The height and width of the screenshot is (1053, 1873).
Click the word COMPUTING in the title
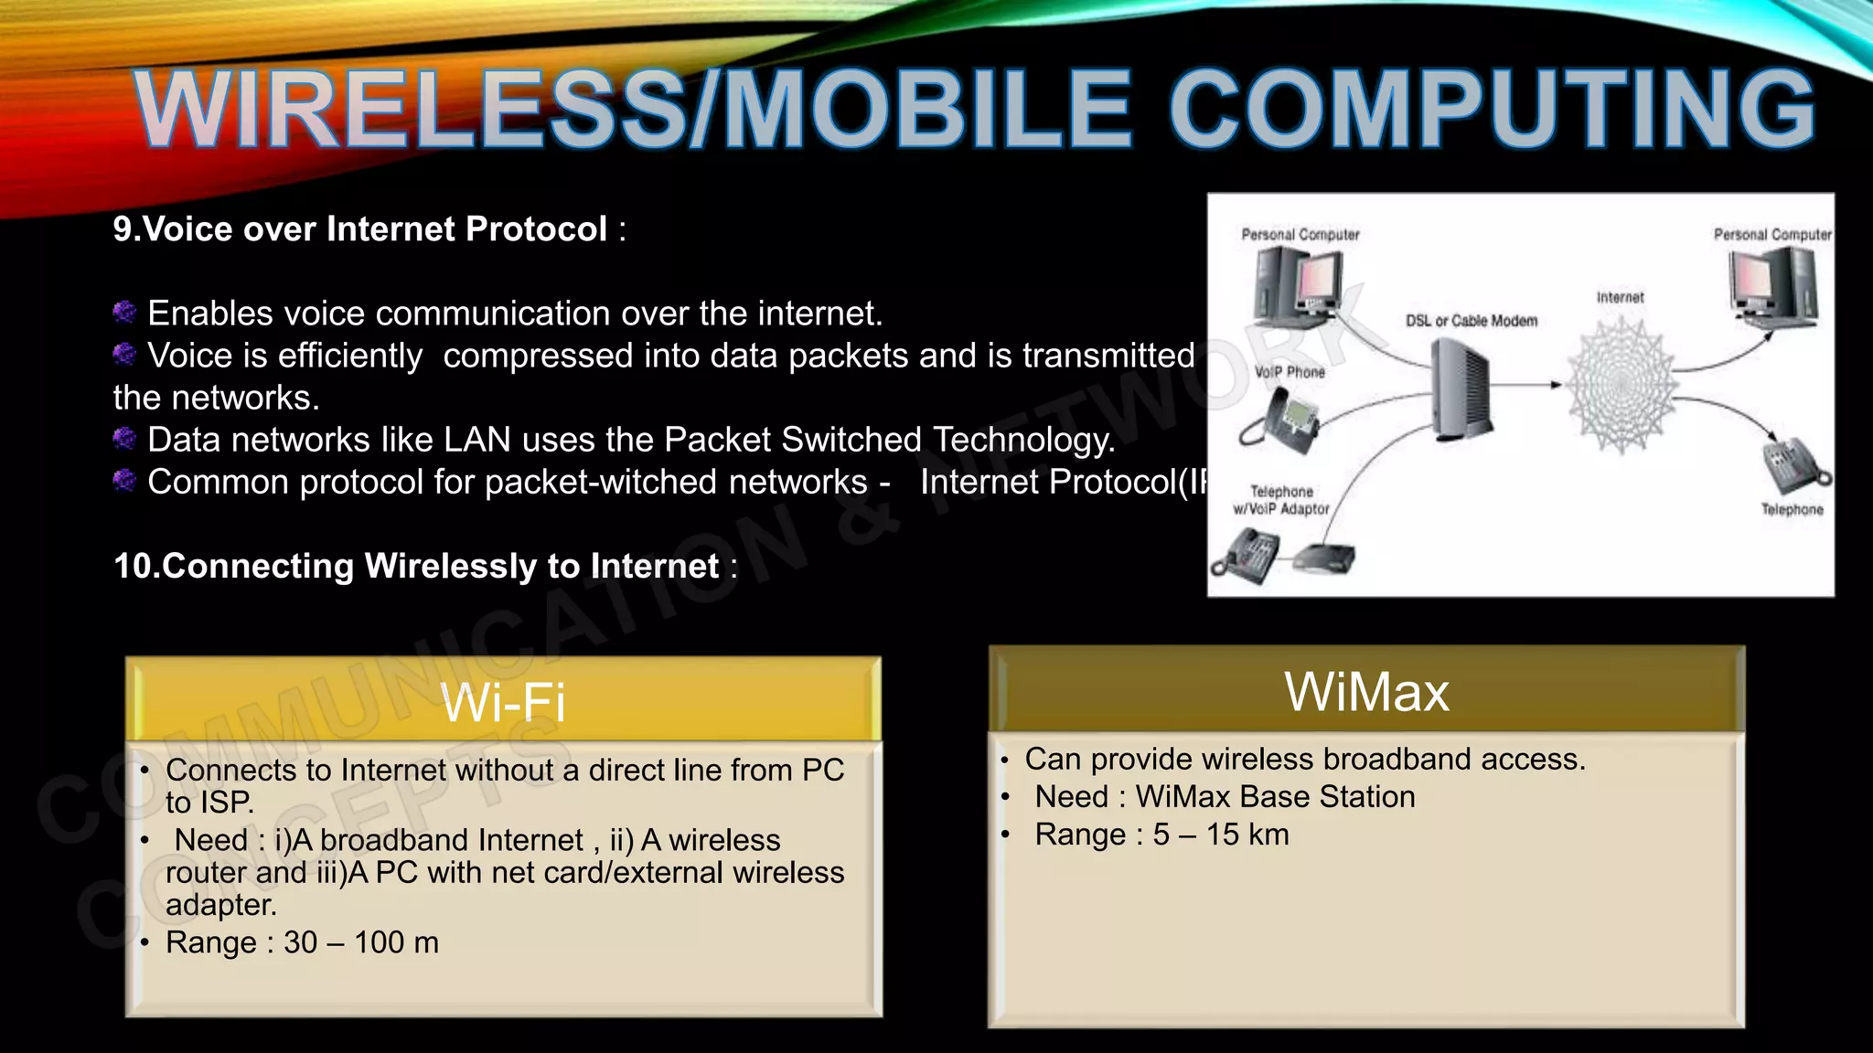click(1491, 110)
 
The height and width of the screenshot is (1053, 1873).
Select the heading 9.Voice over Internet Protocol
click(361, 229)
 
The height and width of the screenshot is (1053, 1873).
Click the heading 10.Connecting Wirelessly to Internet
click(416, 567)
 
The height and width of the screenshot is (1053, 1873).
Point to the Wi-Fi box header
click(503, 702)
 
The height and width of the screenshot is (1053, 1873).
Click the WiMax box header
click(1366, 691)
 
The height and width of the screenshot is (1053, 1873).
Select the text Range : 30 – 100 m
click(302, 942)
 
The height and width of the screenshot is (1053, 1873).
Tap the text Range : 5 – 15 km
click(1161, 835)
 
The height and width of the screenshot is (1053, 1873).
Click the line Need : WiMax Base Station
click(1225, 797)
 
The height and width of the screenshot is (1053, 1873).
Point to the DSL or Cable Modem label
click(1471, 321)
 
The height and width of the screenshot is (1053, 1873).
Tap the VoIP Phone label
click(1290, 372)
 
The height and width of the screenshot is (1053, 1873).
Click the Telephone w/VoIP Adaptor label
click(1280, 500)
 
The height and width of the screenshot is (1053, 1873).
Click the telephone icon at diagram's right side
click(1793, 465)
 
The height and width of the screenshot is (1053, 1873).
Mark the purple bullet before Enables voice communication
click(124, 313)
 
